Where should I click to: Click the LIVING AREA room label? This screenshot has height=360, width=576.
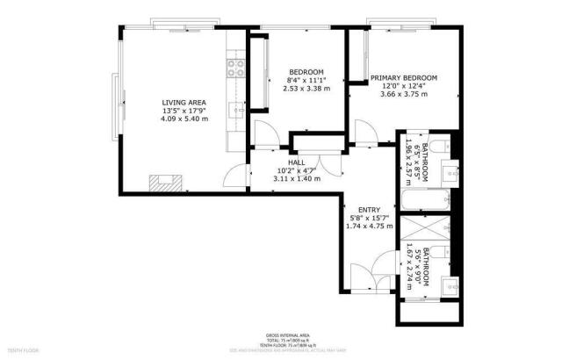coord(184,103)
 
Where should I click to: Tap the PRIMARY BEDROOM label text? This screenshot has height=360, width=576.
coord(403,78)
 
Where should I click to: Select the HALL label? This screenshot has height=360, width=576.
coord(296,162)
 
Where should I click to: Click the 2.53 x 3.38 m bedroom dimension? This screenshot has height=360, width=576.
coord(307,89)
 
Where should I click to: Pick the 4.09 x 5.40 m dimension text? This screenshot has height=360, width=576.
coord(184,119)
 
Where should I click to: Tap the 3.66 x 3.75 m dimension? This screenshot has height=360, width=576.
coord(403,94)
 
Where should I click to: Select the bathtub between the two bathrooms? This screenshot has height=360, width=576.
coord(426,202)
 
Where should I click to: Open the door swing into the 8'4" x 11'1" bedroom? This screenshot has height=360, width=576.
coord(265,133)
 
